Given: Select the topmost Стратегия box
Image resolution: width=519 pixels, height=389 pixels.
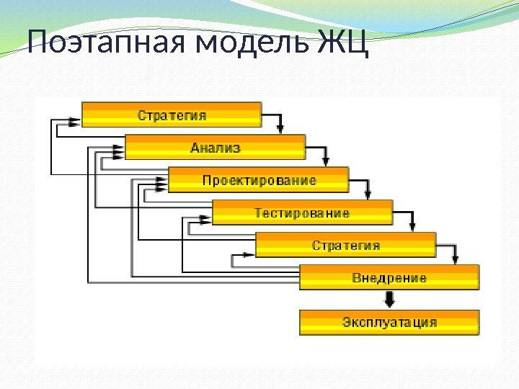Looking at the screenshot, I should [172, 115].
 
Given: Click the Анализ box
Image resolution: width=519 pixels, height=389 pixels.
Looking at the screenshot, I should [215, 148].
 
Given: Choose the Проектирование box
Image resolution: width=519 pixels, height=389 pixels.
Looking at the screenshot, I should [258, 180].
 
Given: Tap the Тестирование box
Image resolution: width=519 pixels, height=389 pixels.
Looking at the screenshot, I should [302, 213].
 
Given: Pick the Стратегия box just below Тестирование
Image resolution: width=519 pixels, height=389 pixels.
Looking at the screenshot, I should [345, 246].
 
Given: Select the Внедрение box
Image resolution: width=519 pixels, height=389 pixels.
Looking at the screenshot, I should [389, 278].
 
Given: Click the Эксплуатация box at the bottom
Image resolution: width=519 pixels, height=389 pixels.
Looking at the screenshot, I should [389, 321].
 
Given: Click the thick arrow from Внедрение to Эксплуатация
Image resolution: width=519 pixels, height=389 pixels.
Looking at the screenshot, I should [389, 299].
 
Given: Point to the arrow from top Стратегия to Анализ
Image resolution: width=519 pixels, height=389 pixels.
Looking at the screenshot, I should [282, 126].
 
